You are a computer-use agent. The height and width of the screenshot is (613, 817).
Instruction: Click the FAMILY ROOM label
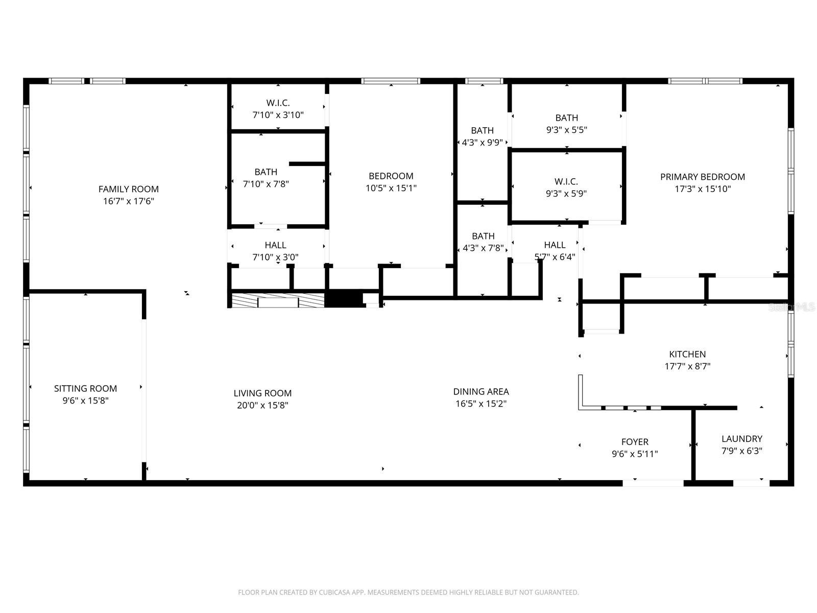128,189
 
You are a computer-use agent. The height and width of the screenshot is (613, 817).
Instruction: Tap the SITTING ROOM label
85,389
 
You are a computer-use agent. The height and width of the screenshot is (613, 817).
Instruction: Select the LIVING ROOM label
262,393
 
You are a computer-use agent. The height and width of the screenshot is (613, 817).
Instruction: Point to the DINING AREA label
481,391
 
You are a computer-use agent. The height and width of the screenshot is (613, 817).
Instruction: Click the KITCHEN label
687,354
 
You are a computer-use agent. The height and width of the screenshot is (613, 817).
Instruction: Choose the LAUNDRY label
742,439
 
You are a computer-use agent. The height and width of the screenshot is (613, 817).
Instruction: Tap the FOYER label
635,442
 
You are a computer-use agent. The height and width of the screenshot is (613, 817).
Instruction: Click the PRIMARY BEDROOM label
702,177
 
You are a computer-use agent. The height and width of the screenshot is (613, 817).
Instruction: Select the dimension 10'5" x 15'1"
391,188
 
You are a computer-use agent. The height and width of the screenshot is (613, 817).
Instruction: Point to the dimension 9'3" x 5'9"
566,194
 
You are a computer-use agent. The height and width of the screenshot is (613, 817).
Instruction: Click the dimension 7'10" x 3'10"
278,115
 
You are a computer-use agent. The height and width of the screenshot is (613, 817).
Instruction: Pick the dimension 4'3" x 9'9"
482,143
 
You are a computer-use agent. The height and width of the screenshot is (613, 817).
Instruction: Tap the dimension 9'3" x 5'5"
566,130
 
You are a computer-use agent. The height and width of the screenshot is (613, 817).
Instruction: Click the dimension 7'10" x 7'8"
266,184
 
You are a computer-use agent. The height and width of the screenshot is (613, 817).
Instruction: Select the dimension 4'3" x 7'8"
483,248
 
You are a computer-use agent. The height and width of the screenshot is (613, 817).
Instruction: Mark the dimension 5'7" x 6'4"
555,257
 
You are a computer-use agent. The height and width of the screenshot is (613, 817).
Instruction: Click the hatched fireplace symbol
278,300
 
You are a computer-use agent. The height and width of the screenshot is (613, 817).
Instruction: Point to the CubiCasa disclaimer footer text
408,592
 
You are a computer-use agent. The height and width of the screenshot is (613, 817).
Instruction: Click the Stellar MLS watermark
791,307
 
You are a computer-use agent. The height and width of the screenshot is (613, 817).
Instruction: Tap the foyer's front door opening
653,483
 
